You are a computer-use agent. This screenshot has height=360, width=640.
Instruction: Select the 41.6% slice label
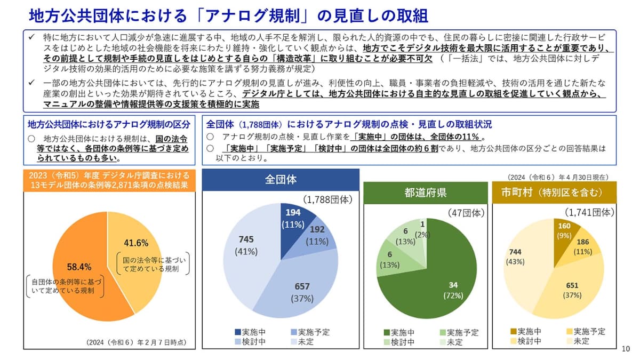coord(136,243)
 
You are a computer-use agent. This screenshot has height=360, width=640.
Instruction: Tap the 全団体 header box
coord(281,179)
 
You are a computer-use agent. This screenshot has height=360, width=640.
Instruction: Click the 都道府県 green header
coord(425,193)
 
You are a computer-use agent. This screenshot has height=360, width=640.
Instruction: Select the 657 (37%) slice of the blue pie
coord(302,292)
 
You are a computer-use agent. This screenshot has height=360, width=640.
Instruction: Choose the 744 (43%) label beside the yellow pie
coord(515,257)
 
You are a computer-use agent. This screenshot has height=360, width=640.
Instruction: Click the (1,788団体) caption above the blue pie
coord(328,199)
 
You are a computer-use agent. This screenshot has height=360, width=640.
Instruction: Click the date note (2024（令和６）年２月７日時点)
coord(137,342)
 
